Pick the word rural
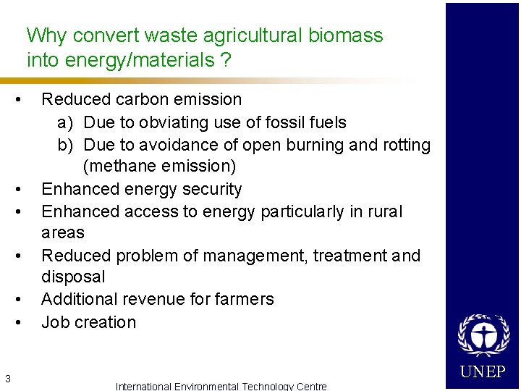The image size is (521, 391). [x=386, y=211]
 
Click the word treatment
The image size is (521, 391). [x=350, y=256]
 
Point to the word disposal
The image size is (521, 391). [x=73, y=277]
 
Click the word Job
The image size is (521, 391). [x=55, y=322]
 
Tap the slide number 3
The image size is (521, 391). [x=7, y=377]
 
